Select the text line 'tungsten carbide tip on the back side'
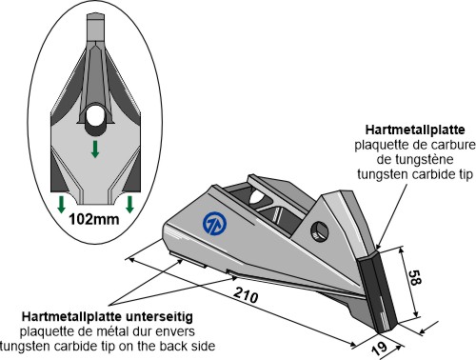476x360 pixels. (111, 344)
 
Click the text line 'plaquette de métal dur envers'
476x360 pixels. (110, 330)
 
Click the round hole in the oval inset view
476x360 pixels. (97, 118)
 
